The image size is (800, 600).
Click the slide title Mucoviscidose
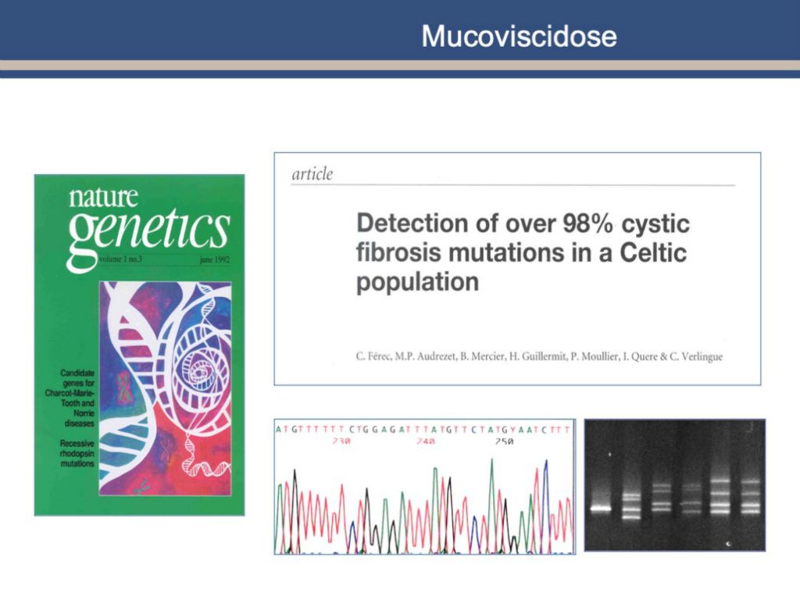[x=519, y=36]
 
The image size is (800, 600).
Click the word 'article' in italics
[x=312, y=174]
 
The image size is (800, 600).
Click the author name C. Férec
[x=373, y=356]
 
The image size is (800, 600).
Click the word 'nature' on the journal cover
[x=103, y=198]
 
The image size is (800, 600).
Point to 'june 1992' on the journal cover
[x=215, y=259]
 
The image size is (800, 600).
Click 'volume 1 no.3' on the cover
[x=121, y=259]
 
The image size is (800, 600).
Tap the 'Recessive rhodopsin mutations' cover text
[x=77, y=454]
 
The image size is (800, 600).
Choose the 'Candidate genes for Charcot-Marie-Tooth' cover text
[x=70, y=398]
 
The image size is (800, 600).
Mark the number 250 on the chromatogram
[x=504, y=441]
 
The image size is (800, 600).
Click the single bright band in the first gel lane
[x=601, y=508]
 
